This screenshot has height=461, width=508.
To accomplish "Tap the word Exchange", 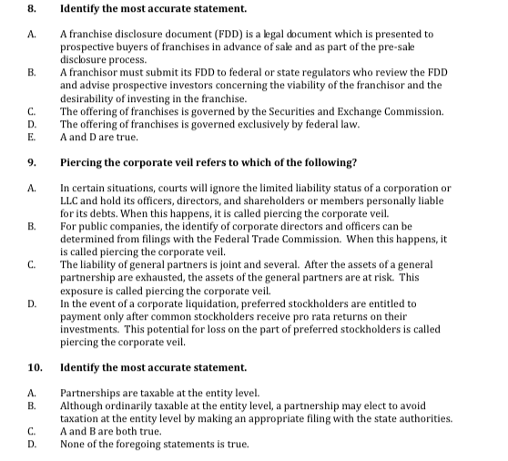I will (380, 111).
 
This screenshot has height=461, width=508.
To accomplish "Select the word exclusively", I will (240, 124).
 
